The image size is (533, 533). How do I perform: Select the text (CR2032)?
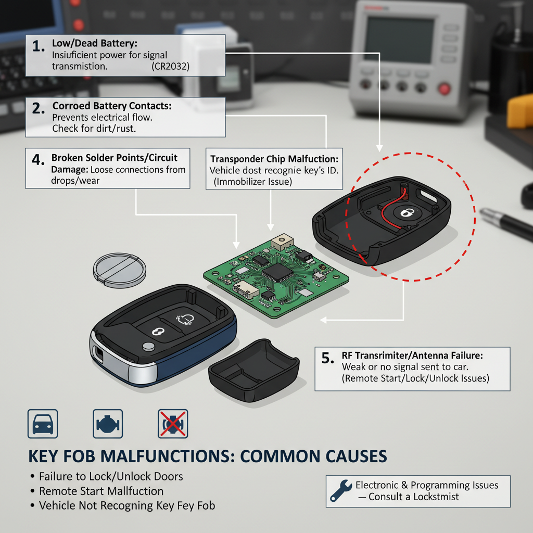tap(171, 67)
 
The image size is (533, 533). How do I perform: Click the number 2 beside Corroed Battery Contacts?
tap(37, 108)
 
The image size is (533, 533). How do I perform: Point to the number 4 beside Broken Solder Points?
tap(37, 160)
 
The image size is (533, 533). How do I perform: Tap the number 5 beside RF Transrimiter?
tap(326, 358)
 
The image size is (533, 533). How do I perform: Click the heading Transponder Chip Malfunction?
tap(274, 158)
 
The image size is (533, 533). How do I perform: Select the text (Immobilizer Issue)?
tap(252, 182)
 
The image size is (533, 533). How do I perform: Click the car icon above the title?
tap(42, 423)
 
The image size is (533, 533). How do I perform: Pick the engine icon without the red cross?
tap(108, 423)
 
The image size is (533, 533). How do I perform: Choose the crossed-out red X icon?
tap(173, 423)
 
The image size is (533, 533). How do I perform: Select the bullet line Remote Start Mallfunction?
tap(101, 491)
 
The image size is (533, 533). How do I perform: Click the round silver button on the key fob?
tap(150, 347)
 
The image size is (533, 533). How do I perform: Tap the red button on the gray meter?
tap(444, 88)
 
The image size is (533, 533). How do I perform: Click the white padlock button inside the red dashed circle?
tap(406, 212)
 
